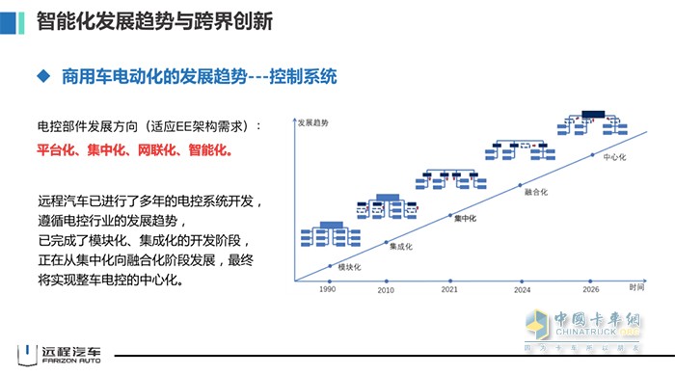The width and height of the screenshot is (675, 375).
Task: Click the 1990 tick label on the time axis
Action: tap(328, 288)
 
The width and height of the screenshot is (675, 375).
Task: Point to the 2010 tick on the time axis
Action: tap(386, 288)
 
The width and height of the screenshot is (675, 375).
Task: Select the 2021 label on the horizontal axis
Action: tap(449, 288)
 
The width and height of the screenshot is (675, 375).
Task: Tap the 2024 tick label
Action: tap(523, 288)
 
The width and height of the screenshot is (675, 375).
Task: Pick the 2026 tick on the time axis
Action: tap(590, 288)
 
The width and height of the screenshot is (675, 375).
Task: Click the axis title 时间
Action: tap(636, 286)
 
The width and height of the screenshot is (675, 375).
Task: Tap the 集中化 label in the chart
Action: tap(466, 219)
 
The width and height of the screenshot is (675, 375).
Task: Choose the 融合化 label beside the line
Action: tap(535, 191)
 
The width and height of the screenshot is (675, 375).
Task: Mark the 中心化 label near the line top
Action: tap(614, 155)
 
